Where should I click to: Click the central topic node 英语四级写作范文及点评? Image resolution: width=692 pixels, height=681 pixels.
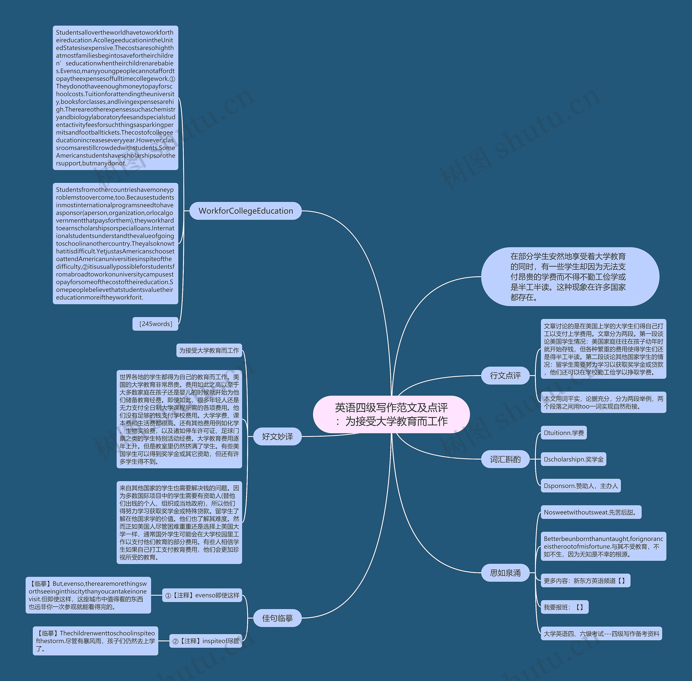coord(391,414)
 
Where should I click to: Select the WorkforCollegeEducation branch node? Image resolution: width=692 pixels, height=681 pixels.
coord(245,211)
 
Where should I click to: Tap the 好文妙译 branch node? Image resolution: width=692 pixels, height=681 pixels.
coord(277,436)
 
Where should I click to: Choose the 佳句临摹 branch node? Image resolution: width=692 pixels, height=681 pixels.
coord(277,618)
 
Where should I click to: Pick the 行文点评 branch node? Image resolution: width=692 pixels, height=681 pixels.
coord(505,376)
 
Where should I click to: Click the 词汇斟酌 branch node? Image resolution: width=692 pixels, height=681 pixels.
coord(505,459)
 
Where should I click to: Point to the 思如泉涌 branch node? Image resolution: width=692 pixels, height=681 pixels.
coord(505,573)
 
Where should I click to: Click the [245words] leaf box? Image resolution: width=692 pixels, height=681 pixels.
coord(155,324)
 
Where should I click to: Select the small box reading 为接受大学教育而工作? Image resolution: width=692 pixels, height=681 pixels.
coord(209,351)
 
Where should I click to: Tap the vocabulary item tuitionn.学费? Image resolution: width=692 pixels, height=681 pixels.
coord(564,433)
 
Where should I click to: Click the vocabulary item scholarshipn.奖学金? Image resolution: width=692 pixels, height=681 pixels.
coord(573,459)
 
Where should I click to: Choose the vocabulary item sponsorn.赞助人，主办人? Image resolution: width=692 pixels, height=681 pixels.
coord(581,486)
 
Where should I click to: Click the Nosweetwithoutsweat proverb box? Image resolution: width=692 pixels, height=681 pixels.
coord(591,512)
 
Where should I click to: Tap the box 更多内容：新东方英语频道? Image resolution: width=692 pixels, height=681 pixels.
coord(585,581)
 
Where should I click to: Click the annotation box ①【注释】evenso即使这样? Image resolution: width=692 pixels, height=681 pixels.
coord(202,595)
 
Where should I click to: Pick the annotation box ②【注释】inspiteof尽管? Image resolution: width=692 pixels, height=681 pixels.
coord(205,641)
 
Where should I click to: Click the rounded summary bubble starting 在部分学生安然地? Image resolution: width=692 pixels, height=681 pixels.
coord(570,277)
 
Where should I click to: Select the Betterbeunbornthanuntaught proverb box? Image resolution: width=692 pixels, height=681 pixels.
coord(603,546)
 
